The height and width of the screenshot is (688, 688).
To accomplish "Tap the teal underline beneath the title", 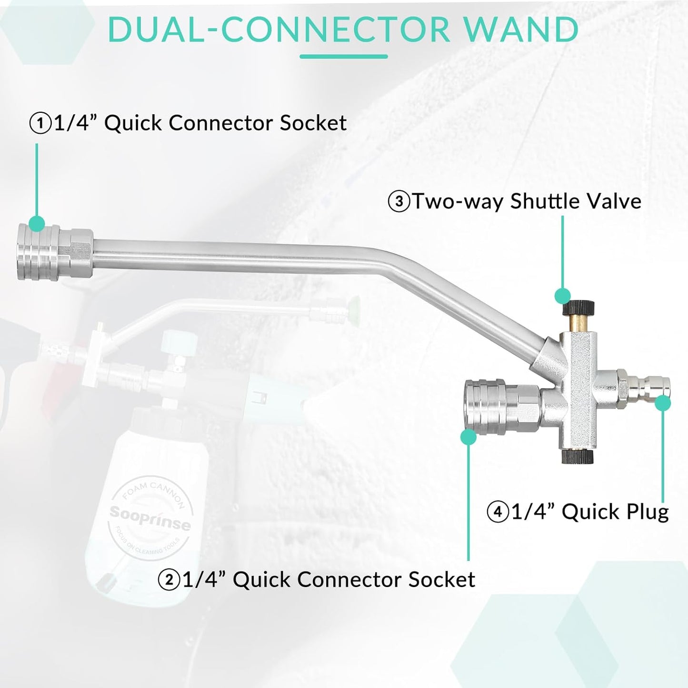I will pyautogui.click(x=343, y=57).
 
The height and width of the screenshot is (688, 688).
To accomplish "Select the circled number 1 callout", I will pyautogui.click(x=40, y=123).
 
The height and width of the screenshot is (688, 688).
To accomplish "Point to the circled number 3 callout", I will pyautogui.click(x=399, y=201).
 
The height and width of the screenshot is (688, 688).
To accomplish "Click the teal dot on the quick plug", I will pyautogui.click(x=663, y=403).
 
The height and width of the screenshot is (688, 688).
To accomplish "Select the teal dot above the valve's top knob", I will pyautogui.click(x=562, y=296).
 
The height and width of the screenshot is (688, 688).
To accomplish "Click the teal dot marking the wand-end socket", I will pyautogui.click(x=37, y=222).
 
